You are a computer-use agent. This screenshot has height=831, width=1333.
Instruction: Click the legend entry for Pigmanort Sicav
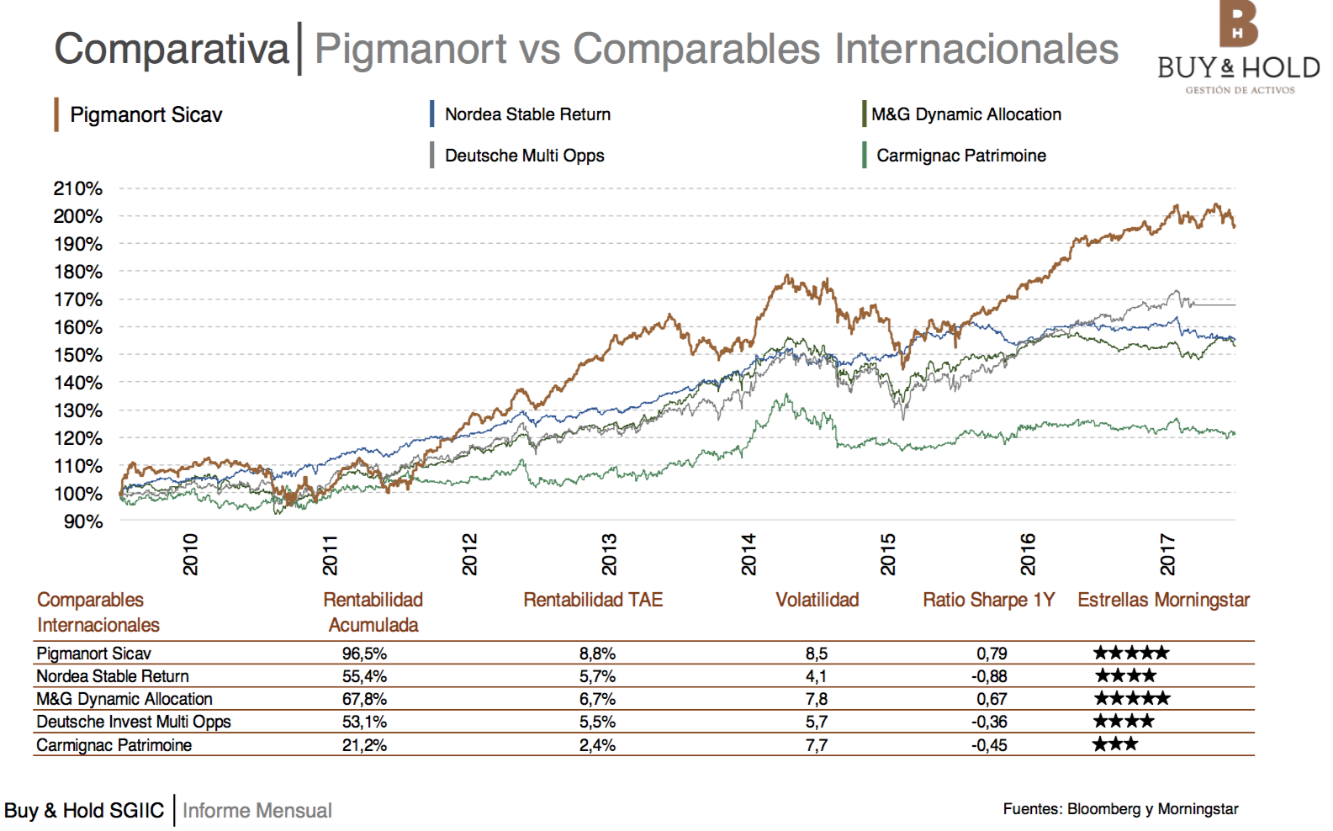(x=145, y=115)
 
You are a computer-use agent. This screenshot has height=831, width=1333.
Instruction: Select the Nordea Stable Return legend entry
(x=527, y=114)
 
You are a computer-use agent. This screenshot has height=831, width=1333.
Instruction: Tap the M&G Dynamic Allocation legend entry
(x=965, y=114)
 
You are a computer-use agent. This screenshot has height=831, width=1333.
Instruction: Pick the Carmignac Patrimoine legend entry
(x=960, y=156)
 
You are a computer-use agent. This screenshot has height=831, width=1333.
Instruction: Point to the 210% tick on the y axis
(x=78, y=188)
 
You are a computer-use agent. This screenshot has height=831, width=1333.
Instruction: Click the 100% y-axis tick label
(x=78, y=494)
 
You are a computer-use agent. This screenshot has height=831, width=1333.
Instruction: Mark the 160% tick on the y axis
(x=78, y=327)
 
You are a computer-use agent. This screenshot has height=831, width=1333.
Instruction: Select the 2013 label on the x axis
(x=609, y=553)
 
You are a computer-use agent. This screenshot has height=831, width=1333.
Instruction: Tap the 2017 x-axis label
(x=1167, y=553)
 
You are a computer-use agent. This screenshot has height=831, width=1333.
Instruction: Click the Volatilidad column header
(x=817, y=600)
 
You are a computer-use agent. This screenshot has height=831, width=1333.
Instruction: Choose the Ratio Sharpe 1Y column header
(x=988, y=600)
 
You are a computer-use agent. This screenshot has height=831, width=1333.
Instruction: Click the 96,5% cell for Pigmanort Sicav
(x=364, y=654)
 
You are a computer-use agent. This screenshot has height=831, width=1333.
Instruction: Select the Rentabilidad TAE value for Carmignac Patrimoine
(x=597, y=745)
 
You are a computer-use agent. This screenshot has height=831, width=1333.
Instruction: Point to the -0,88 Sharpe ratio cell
(x=992, y=676)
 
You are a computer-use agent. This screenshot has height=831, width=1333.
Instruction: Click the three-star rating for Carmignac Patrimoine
(x=1115, y=744)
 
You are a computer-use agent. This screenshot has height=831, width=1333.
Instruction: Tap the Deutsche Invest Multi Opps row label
(x=133, y=722)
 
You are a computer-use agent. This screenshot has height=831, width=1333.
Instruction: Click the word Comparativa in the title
(x=172, y=49)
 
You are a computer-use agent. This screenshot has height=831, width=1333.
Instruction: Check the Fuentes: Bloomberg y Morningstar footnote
(x=1120, y=809)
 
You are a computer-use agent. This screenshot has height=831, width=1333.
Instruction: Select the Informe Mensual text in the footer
(x=257, y=811)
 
